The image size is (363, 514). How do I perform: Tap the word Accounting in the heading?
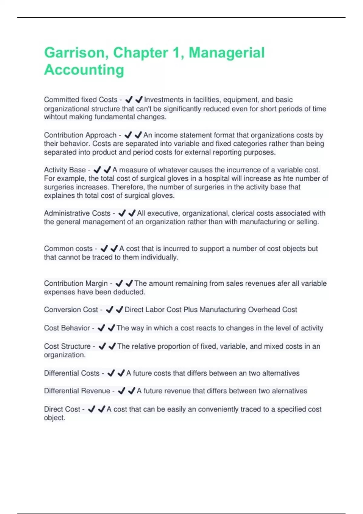pos(84,70)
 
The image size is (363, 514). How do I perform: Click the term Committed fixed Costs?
pos(80,100)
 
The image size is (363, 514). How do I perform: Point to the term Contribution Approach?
pos(80,135)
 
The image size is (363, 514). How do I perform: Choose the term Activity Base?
pos(65,170)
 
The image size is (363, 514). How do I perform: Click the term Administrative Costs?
pos(77,213)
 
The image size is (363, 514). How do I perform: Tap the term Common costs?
pos(68,249)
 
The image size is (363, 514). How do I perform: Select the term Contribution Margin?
pos(76,283)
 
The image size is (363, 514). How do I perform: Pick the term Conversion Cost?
pos(71,310)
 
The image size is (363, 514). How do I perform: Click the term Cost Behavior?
pos(67,328)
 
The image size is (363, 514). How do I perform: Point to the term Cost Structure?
pos(67,346)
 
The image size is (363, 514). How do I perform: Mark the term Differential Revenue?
pos(77,391)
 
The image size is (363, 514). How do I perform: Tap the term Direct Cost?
pos(62,409)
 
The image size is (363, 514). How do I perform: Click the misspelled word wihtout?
pos(55,117)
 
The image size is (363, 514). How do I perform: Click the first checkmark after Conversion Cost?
pos(110,310)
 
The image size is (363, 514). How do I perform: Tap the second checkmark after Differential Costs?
pos(121,373)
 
